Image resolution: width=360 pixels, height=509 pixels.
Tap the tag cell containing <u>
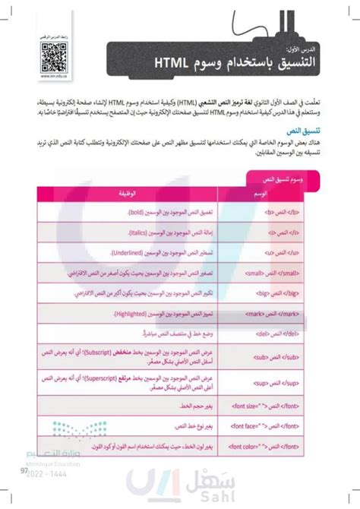(292, 251)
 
